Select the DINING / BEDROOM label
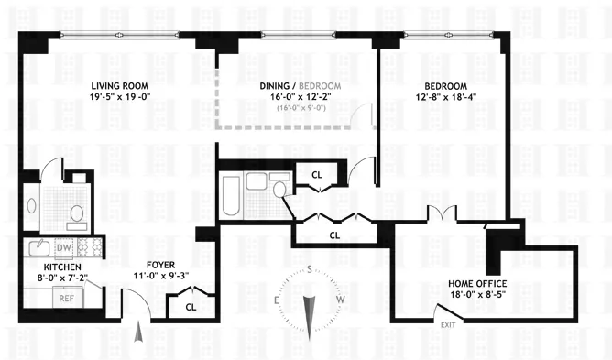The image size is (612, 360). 301,85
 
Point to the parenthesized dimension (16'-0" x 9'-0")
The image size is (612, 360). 301,109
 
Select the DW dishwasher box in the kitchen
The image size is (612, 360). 64,247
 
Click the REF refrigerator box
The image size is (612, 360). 66,298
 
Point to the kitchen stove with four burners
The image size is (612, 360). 91,246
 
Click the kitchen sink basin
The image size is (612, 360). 38,247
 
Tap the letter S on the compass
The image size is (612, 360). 311,268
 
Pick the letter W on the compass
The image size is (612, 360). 340,300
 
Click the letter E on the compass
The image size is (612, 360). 277,300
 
